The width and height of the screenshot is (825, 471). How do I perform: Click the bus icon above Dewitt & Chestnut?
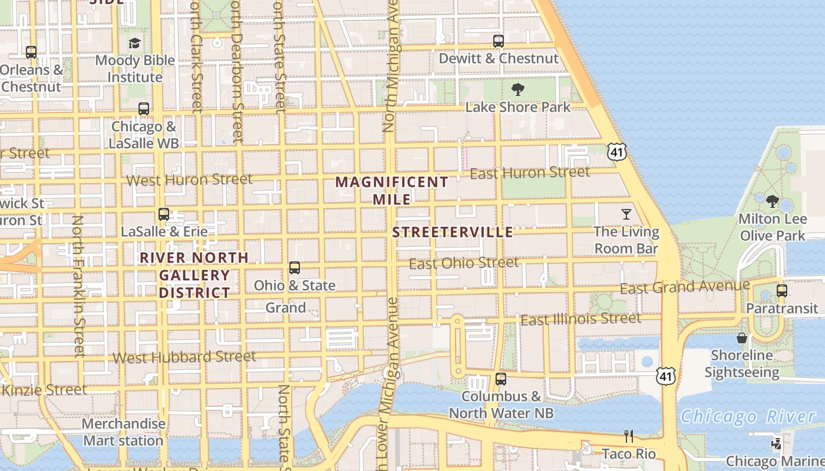pos(499,41)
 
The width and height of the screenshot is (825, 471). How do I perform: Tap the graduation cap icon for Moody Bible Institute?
pos(135,43)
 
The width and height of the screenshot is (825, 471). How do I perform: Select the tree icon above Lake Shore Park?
pos(518,89)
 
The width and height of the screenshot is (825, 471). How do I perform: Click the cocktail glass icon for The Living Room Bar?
pos(626,214)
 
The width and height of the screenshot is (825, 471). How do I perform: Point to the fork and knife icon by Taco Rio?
pos(629,436)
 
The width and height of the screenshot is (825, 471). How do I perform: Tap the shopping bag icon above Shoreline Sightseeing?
pos(742,338)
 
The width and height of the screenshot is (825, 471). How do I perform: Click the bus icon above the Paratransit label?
pos(782,291)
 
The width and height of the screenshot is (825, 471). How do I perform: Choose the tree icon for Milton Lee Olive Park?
pos(772,201)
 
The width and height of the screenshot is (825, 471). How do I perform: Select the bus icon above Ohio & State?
pos(295,268)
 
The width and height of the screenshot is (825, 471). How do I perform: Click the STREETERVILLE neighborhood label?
pos(453,232)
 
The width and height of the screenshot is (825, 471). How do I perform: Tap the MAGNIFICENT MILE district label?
pos(392,190)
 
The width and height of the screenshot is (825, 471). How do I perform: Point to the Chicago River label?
pos(748,417)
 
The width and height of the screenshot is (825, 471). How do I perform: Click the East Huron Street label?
pos(530,173)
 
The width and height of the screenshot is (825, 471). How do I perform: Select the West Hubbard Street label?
pos(184,357)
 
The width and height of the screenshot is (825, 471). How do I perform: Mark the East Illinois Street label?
pos(580,319)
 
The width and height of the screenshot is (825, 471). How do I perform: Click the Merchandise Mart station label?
pos(123,432)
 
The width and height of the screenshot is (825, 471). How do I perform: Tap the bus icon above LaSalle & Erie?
pos(164,214)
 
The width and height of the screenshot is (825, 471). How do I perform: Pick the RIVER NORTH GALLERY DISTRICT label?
pos(194,275)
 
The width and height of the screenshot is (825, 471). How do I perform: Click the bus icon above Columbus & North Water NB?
pos(501,379)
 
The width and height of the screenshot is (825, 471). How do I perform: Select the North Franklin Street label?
pos(78,286)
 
